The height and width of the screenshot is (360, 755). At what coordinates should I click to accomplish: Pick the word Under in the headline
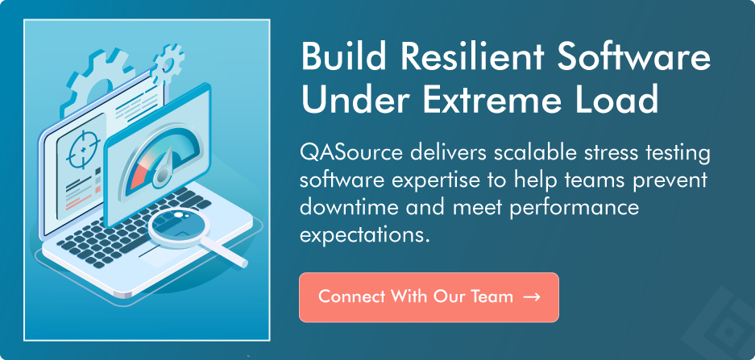(x=352, y=101)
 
